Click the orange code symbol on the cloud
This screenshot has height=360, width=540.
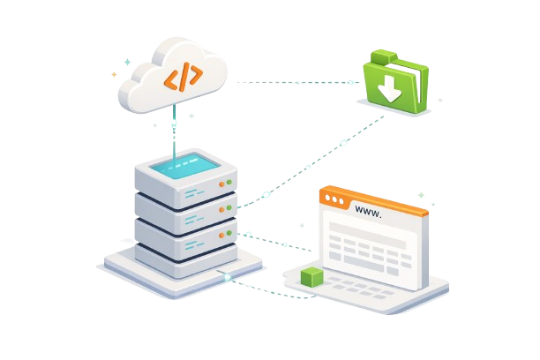[x=183, y=79]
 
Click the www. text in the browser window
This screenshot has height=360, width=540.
[x=367, y=211]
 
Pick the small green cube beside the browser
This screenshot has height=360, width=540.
[x=312, y=277]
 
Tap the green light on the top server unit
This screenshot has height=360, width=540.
[x=229, y=182]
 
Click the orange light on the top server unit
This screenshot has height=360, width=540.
[x=222, y=184]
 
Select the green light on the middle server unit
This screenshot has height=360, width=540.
[x=229, y=208]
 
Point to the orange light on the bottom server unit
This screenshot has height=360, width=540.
[x=222, y=238]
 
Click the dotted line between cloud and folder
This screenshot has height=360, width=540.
[x=291, y=82]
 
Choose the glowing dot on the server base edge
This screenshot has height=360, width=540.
[x=228, y=277]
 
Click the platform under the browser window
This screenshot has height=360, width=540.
[x=371, y=300]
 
